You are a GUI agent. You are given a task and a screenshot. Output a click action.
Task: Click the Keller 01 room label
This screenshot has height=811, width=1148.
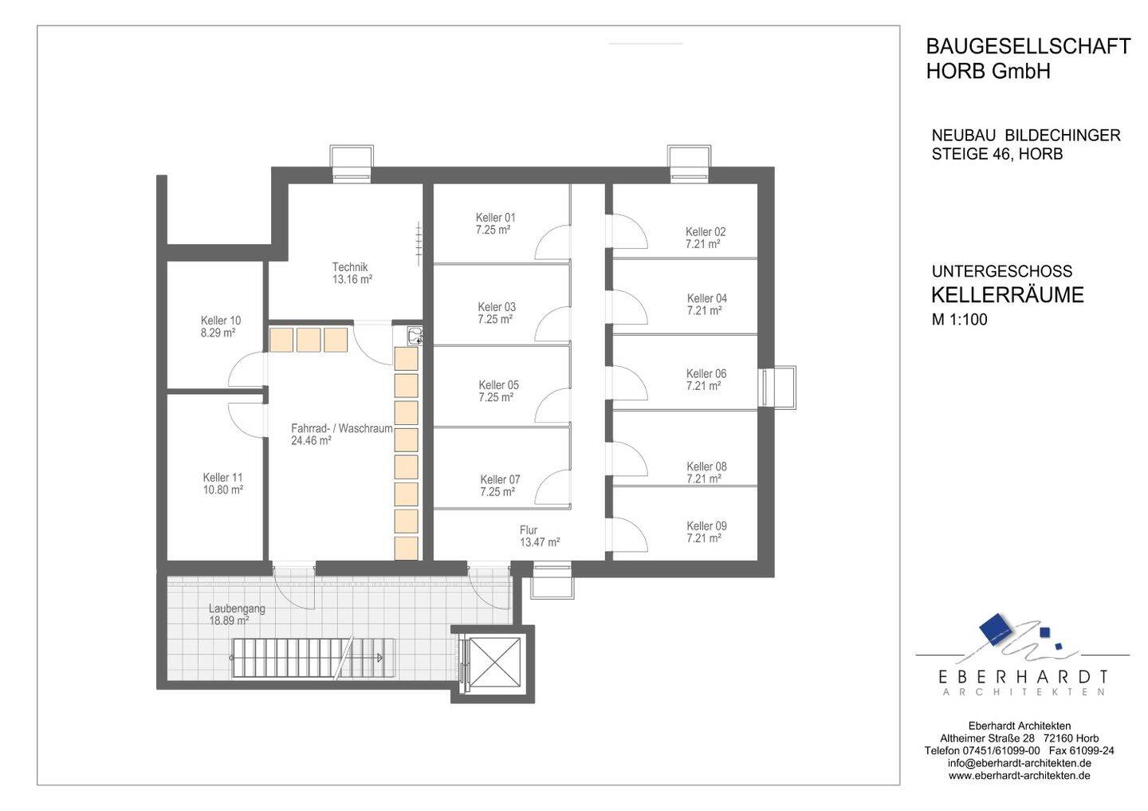click(495, 218)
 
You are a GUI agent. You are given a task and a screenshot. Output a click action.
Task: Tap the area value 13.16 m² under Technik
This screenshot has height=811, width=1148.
click(352, 279)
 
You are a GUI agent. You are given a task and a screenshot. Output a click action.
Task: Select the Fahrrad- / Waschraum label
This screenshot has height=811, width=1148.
click(342, 428)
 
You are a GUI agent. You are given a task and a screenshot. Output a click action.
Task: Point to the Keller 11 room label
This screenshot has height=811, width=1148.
click(222, 477)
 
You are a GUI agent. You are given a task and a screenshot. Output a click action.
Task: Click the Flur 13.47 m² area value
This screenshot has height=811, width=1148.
click(539, 542)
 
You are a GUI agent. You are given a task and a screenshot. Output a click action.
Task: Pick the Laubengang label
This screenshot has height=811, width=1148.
click(237, 608)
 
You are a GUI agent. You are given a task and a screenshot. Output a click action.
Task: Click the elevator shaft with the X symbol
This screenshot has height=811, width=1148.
click(494, 663)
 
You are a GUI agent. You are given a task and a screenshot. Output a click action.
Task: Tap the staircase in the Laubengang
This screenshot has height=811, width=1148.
click(313, 658)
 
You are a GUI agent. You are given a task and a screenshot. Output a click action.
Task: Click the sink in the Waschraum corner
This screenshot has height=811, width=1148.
click(415, 336)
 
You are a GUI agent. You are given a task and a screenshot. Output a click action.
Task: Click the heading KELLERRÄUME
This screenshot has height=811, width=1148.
click(1007, 295)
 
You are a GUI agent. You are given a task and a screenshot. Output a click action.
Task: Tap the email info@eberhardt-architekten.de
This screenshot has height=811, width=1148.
click(1020, 778)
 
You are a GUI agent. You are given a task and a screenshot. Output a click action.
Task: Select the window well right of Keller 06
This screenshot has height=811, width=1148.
click(778, 388)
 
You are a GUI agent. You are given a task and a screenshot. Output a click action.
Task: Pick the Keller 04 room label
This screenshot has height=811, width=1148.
click(706, 298)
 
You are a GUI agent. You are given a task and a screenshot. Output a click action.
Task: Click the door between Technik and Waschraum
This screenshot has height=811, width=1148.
click(373, 342)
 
